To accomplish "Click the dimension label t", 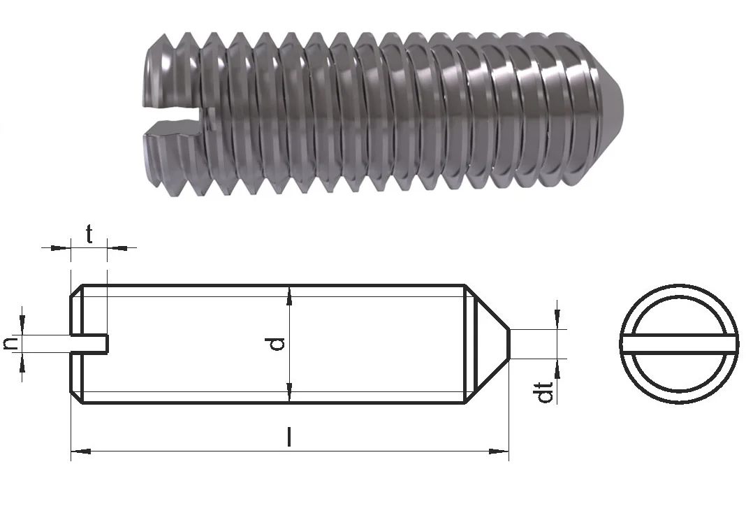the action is pos(89,234).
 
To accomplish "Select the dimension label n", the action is pos(11,344).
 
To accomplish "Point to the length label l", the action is pos(288,437).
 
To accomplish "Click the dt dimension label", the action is pos(545,392).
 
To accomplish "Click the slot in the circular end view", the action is pos(680,345).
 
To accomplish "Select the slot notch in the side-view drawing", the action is pos(90,344).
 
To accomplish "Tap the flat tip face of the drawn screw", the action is pos(510,344).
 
